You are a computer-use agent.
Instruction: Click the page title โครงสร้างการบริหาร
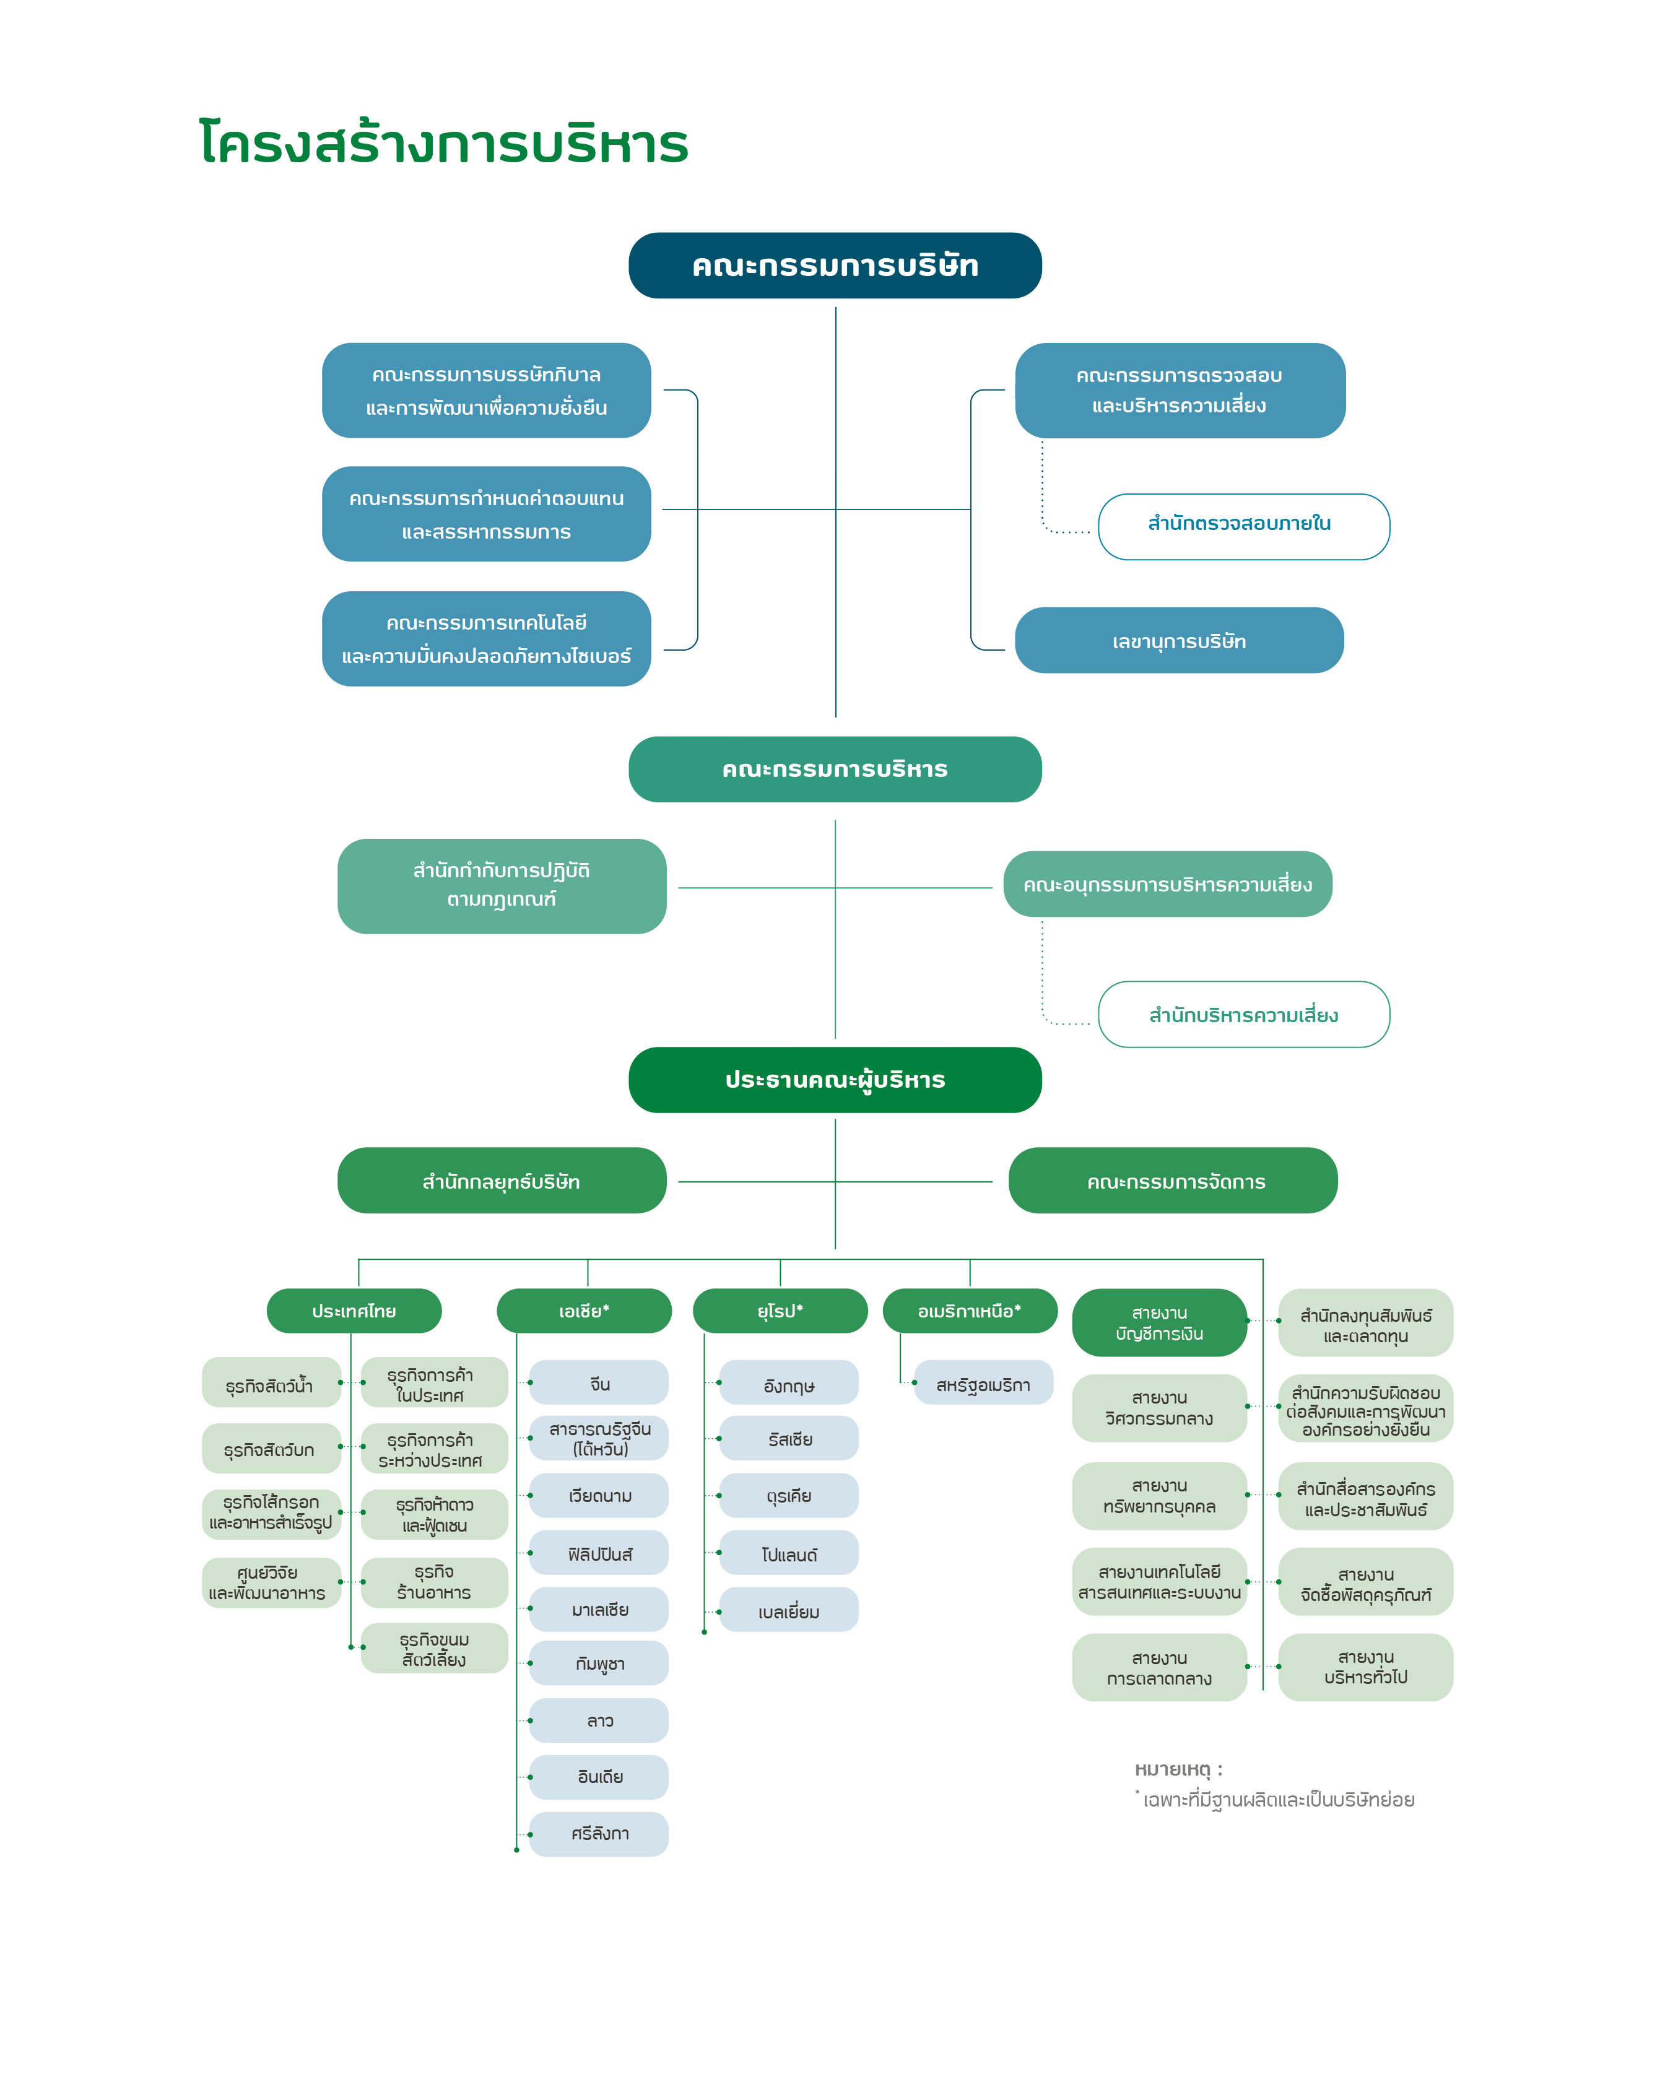pyautogui.click(x=443, y=144)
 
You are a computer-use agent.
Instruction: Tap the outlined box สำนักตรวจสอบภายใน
pyautogui.click(x=1244, y=527)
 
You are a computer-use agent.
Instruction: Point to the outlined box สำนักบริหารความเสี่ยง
pyautogui.click(x=1244, y=1015)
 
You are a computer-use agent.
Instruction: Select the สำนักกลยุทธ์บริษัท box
pyautogui.click(x=502, y=1181)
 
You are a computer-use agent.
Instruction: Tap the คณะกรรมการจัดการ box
pyautogui.click(x=1173, y=1181)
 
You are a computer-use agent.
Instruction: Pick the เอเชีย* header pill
pyautogui.click(x=584, y=1311)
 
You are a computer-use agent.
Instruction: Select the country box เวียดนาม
pyautogui.click(x=599, y=1496)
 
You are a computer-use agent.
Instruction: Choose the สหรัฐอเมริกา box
pyautogui.click(x=984, y=1383)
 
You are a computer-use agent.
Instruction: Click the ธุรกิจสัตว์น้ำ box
pyautogui.click(x=271, y=1383)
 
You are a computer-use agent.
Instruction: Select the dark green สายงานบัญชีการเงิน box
pyautogui.click(x=1160, y=1322)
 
